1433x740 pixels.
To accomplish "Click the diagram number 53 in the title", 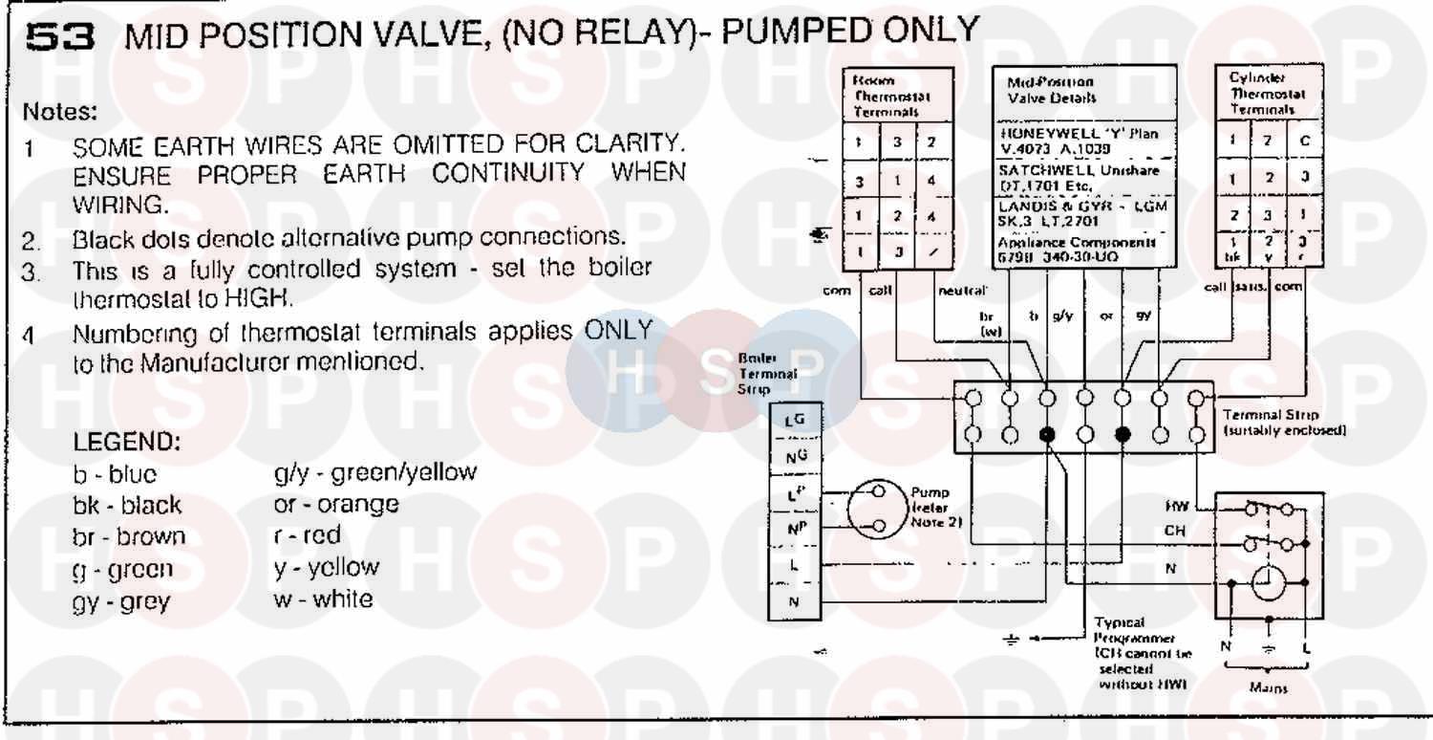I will click(60, 36).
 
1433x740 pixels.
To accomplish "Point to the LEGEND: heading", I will click(127, 445).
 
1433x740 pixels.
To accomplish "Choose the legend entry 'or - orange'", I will click(335, 504).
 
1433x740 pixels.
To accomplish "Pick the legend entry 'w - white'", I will click(323, 599).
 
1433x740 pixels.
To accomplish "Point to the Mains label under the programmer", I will click(1268, 688).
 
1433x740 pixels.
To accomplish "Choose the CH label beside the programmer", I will click(1173, 530).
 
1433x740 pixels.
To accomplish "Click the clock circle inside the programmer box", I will click(1269, 582).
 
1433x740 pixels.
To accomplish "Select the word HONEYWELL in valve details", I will click(1036, 135).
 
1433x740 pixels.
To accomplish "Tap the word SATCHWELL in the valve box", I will click(1036, 170).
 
